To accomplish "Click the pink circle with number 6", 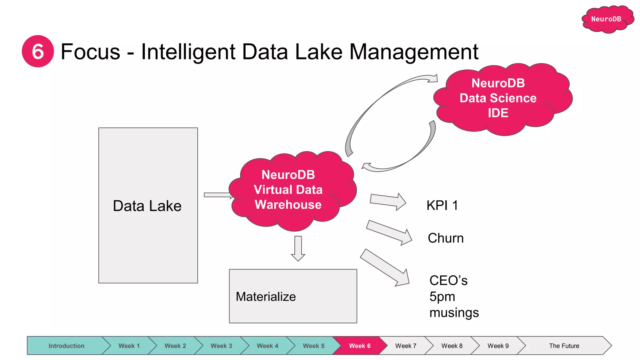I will pos(38,51).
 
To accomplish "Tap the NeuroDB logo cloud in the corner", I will pos(606,19).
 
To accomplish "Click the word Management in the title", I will pos(414,52).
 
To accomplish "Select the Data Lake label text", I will pos(147,206).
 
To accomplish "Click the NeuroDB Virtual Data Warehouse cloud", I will pos(288,190).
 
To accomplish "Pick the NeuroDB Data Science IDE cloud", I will pos(498,98).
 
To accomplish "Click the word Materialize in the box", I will pos(266,297).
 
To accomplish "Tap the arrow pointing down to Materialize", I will pos(298,249).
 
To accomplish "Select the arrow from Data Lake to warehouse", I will pos(218,195).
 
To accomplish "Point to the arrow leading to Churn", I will pos(389,233).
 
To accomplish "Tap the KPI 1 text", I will pos(442,206).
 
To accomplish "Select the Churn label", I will pos(446,238).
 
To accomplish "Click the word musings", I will pos(454,312).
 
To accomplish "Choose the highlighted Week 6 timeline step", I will pos(359,346).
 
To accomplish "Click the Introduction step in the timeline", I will pos(66,346).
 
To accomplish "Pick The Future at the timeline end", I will pos(564,346).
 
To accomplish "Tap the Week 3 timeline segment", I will pos(221,346).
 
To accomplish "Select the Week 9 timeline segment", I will pos(498,346).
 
